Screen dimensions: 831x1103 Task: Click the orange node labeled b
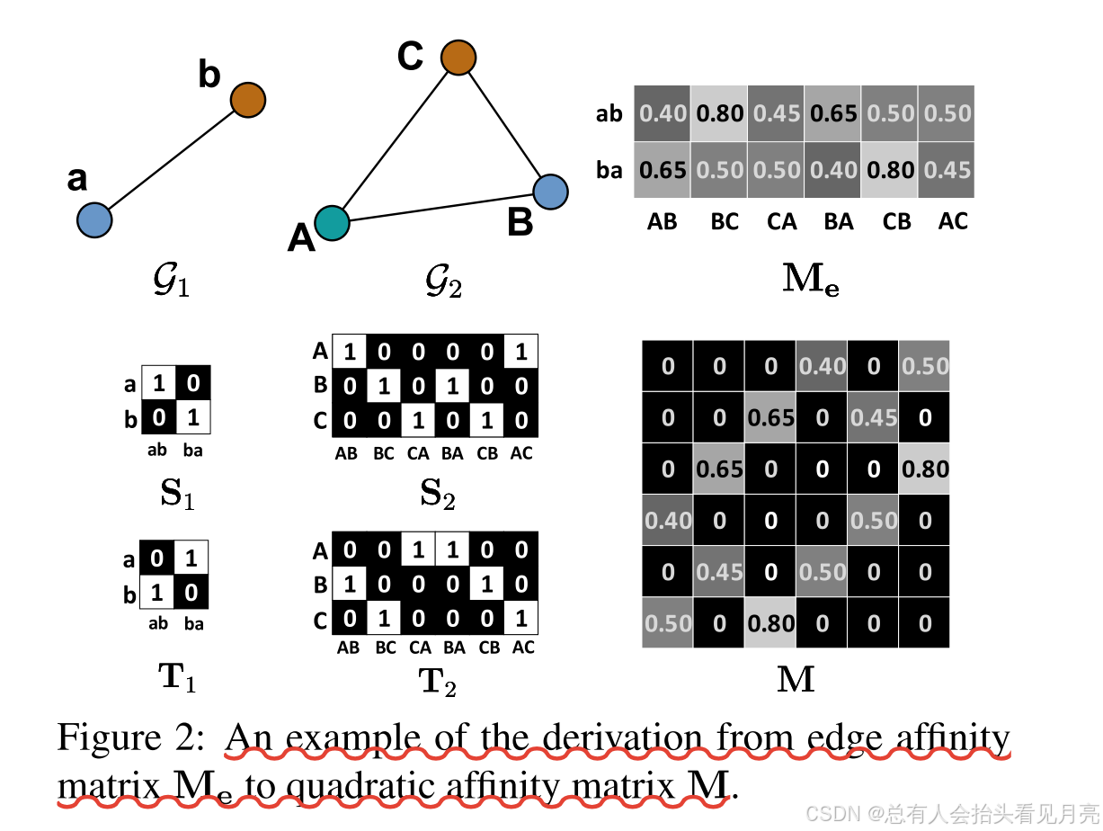pos(247,100)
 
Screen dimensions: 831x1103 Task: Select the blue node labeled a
pos(94,219)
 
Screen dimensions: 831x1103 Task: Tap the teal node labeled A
pos(333,221)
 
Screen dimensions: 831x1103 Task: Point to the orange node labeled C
pos(458,58)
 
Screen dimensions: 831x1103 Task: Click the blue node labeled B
pos(550,191)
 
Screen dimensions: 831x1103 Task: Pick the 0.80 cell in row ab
pos(719,114)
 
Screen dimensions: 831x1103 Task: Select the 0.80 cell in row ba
pos(889,170)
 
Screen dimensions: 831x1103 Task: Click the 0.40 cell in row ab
pos(663,114)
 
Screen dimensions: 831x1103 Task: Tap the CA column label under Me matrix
pos(781,221)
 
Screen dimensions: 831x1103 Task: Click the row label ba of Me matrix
pos(609,170)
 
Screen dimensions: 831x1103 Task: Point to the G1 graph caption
pos(172,284)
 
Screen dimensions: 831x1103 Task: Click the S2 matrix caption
pos(437,493)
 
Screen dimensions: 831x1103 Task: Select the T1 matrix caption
pos(177,680)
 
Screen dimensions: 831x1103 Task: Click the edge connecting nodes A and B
pos(440,206)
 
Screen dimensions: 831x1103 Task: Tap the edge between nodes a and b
pos(171,160)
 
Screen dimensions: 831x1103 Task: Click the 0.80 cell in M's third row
pos(924,469)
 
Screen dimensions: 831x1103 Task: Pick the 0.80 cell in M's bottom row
pos(770,622)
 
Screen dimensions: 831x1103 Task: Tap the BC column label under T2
pos(383,648)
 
